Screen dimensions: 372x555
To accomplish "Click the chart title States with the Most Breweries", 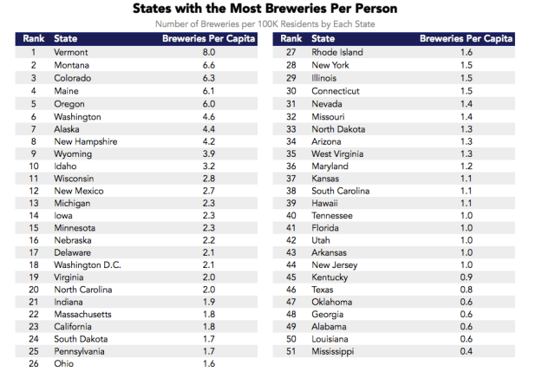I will pos(277,9).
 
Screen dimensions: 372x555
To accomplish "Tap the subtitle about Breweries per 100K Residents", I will pos(277,24).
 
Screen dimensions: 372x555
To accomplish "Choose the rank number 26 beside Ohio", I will pos(33,364).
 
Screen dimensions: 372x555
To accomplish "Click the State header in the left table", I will pos(65,39).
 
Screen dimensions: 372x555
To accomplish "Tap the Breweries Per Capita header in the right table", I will pos(466,39).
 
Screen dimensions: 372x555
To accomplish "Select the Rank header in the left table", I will pos(32,39).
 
